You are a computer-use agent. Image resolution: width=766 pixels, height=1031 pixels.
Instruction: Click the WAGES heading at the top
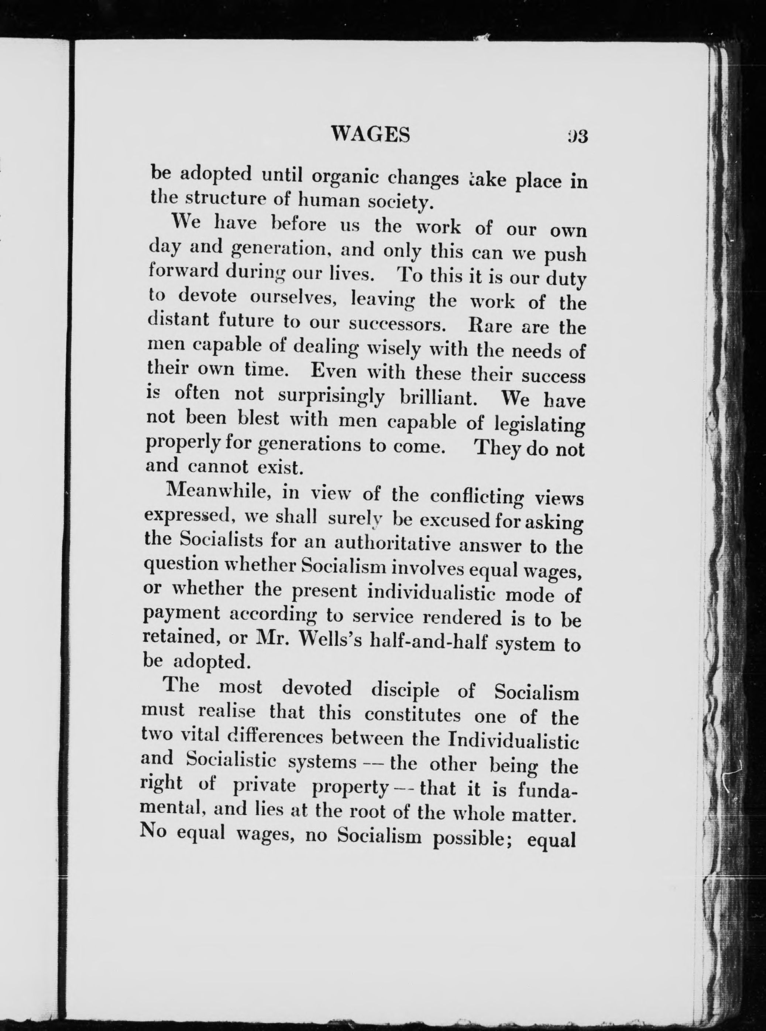tap(371, 135)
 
